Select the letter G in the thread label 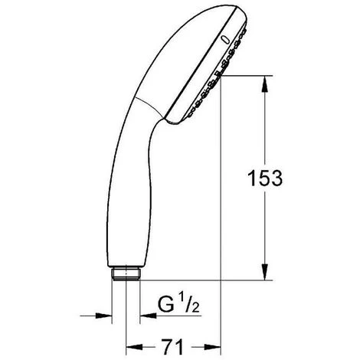click(160, 313)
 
